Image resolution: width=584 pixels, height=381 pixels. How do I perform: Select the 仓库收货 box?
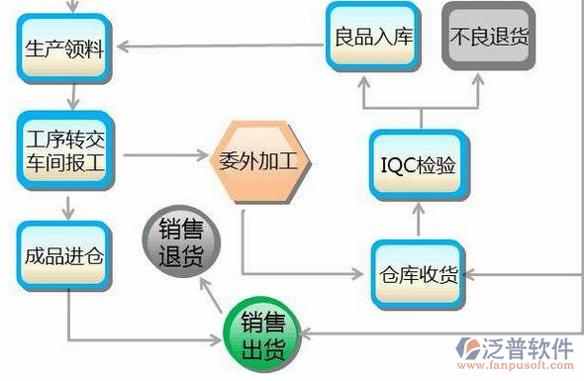(418, 274)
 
